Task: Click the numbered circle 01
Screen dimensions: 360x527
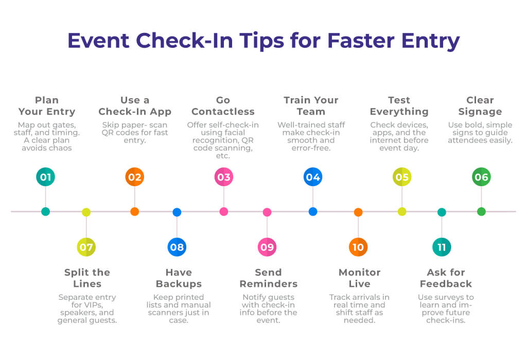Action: point(45,177)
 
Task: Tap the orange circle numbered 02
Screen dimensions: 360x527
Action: point(134,177)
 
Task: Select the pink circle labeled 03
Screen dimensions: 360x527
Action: point(223,177)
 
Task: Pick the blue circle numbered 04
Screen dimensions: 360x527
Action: point(312,177)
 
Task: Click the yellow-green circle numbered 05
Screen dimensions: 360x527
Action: point(402,177)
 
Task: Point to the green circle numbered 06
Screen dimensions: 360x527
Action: point(481,177)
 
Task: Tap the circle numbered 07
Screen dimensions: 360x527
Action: point(86,247)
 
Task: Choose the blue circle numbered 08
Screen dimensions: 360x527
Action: point(177,247)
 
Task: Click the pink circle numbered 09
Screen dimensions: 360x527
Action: point(267,247)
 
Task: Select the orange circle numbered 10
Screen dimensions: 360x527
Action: point(358,247)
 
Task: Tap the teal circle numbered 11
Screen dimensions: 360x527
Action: point(442,247)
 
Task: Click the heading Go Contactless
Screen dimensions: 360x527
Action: point(223,106)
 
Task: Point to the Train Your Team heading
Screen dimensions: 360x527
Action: point(311,106)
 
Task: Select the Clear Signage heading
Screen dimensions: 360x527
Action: point(480,106)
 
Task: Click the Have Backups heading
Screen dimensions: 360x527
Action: point(179,278)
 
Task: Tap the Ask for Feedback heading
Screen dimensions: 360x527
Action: point(446,278)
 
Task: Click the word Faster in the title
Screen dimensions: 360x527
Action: point(362,41)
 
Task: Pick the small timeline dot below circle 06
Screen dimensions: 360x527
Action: point(481,211)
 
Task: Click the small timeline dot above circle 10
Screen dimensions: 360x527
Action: point(358,212)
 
